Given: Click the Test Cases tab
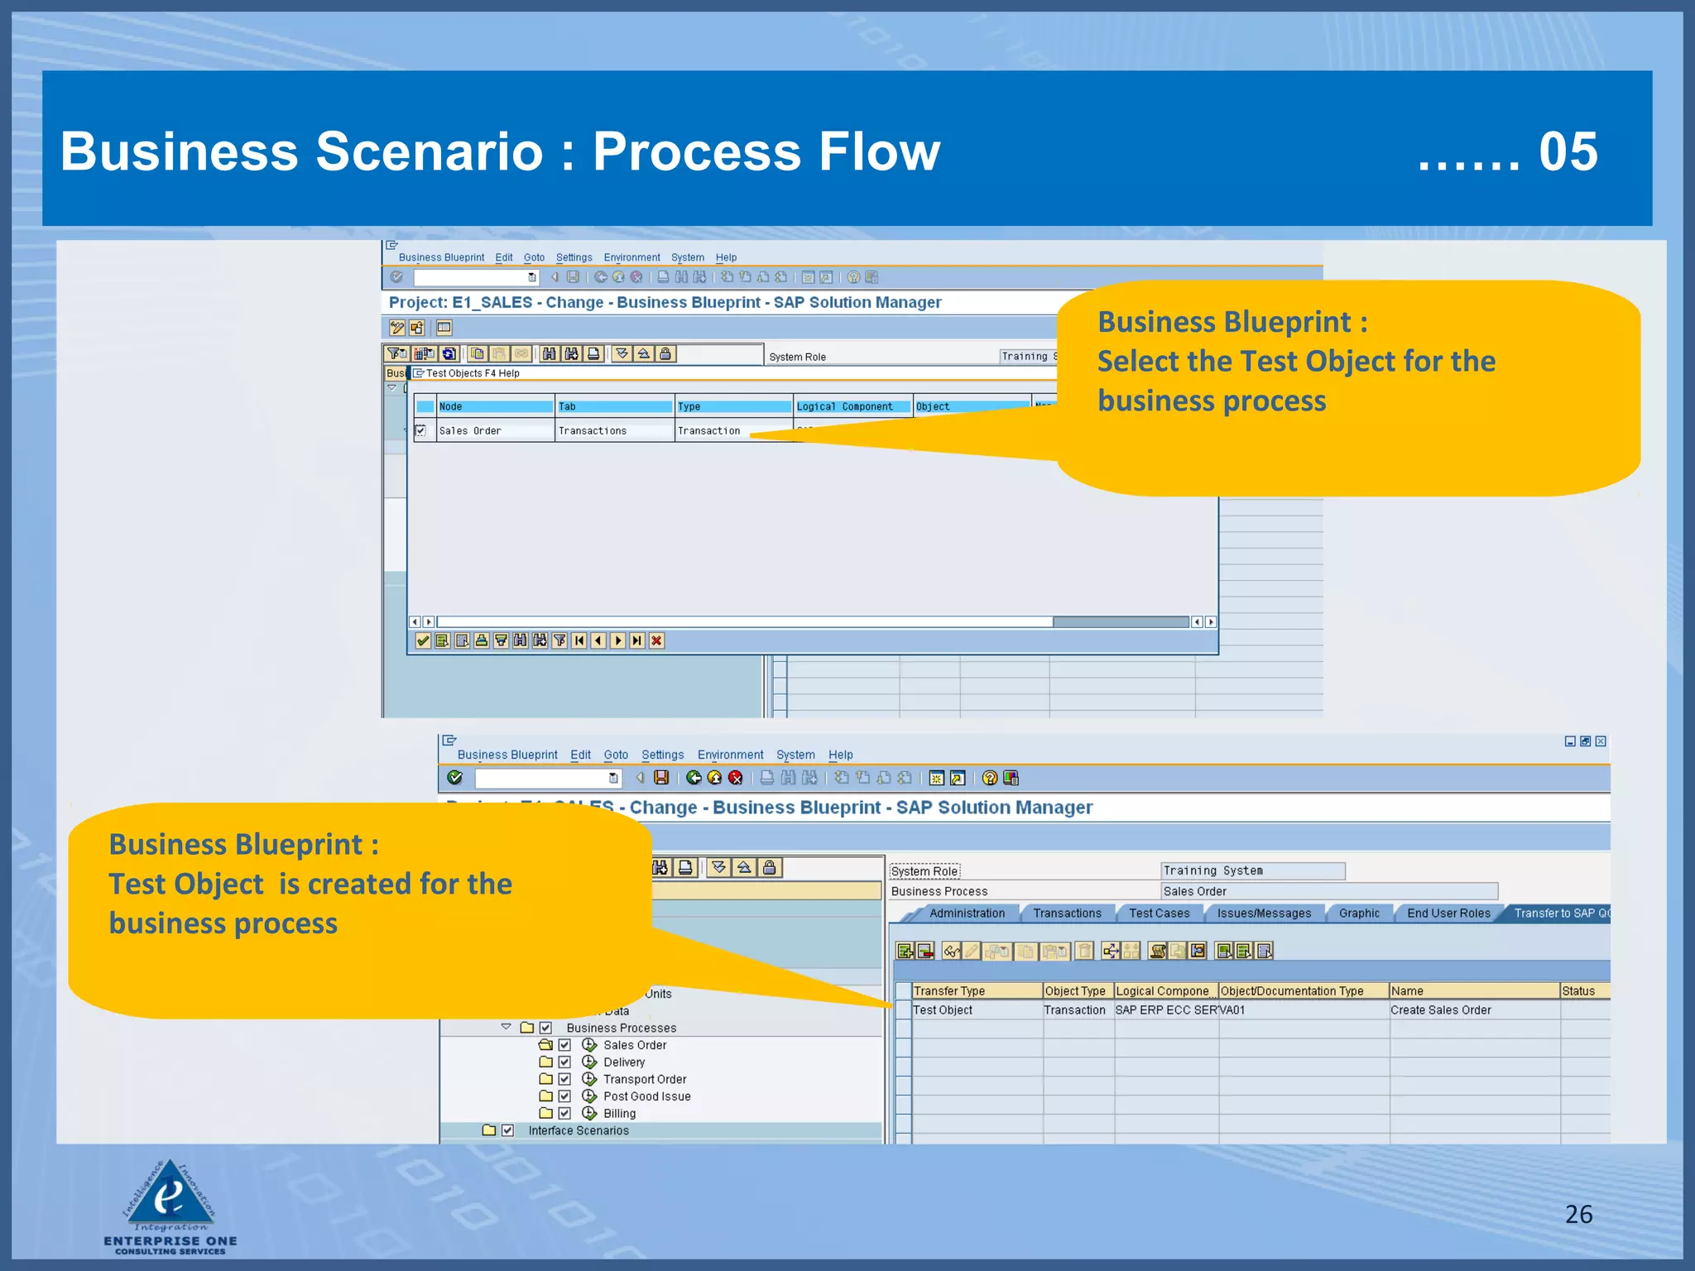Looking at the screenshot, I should (x=1159, y=913).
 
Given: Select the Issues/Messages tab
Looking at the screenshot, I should (x=1264, y=913).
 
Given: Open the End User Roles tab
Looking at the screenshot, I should (x=1448, y=913).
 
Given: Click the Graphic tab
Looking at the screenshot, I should (x=1359, y=913).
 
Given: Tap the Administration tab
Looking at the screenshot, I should (x=967, y=913).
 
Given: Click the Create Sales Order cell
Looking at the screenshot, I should (x=1441, y=1010).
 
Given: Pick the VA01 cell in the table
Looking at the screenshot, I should (x=1232, y=1010).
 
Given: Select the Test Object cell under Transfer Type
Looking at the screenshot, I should (x=943, y=1010).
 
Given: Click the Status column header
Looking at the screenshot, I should (x=1578, y=990).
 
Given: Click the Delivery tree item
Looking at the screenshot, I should (x=624, y=1062).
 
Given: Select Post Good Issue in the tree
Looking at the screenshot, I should (x=646, y=1096).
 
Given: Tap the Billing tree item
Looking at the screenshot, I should (x=619, y=1114).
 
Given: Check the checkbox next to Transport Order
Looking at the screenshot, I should (x=564, y=1079).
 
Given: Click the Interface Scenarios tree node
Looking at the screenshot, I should (x=579, y=1130).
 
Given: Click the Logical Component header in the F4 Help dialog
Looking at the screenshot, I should (x=845, y=406).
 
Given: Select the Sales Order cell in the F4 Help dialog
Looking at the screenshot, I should (x=470, y=430).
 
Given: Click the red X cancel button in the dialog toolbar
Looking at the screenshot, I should (x=656, y=640).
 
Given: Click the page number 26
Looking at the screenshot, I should (x=1578, y=1214).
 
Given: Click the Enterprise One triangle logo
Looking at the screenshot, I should (x=170, y=1196).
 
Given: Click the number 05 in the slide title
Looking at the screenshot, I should (x=1568, y=151).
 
